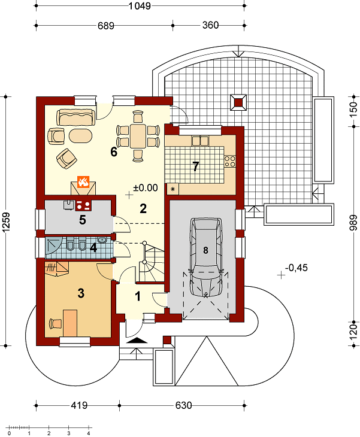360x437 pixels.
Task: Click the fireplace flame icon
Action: [83, 181]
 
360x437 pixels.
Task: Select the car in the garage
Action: [206, 257]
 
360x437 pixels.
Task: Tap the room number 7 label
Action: [196, 166]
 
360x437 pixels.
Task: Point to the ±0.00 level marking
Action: [146, 188]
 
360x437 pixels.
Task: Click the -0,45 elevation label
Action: [297, 268]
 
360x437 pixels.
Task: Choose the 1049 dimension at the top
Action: [140, 5]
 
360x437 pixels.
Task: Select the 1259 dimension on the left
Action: [6, 222]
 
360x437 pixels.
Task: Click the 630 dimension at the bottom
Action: [183, 405]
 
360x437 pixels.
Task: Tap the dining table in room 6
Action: [138, 136]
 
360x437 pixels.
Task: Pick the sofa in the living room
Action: [76, 117]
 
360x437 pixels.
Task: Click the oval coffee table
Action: [80, 136]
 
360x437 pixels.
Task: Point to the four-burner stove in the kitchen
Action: [230, 162]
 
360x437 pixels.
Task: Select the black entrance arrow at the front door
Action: [137, 340]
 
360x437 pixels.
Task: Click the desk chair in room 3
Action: [55, 324]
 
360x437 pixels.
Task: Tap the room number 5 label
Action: [82, 220]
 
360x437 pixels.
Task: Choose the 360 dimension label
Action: [210, 25]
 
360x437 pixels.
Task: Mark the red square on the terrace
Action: [238, 102]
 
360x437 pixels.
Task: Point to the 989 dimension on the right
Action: [353, 223]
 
